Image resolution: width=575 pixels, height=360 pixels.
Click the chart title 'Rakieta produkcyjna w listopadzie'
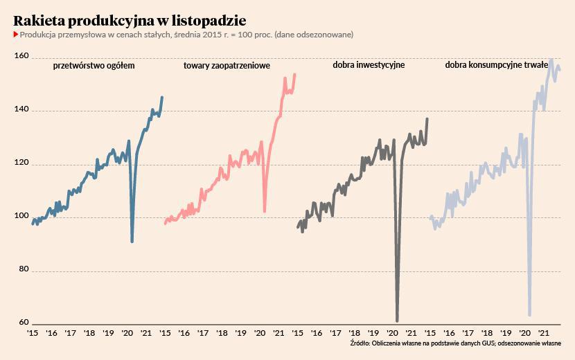click(x=130, y=19)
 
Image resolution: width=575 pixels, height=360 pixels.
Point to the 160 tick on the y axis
click(x=21, y=57)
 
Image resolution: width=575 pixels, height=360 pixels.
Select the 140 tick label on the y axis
click(x=21, y=110)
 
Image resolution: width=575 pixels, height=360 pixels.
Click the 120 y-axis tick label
click(x=21, y=163)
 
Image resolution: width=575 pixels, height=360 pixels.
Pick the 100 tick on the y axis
click(x=21, y=217)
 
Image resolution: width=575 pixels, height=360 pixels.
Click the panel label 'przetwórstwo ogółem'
click(x=94, y=66)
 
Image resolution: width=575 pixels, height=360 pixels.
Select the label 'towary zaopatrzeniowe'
click(x=227, y=66)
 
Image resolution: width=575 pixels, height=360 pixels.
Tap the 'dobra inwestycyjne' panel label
click(x=369, y=66)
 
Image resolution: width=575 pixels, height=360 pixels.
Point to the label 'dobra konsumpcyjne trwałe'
click(x=497, y=66)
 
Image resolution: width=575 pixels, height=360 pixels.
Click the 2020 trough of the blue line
click(x=132, y=242)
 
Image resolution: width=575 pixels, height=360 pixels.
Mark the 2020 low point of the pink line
click(x=265, y=212)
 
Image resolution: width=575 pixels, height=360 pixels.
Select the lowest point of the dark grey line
click(x=397, y=321)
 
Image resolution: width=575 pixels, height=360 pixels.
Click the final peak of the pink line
click(x=295, y=74)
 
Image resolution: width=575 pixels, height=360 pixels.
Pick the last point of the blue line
click(x=162, y=98)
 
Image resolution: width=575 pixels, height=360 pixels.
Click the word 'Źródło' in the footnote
click(x=360, y=343)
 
